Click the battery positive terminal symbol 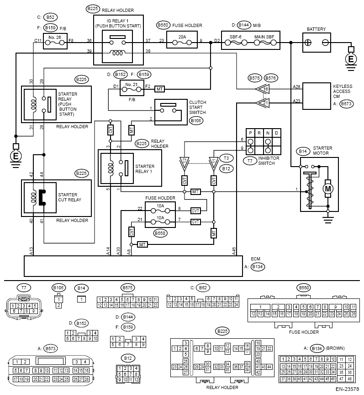coord(308,43)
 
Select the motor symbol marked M coord(328,189)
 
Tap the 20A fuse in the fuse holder coord(182,40)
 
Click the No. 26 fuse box coord(55,41)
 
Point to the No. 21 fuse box coord(132,88)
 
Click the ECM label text coord(255,259)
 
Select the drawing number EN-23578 coord(347,389)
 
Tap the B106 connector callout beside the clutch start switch coord(196,121)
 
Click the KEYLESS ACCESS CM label coord(343,91)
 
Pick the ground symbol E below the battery coord(351,60)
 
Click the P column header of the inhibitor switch coord(250,133)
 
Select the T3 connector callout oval coord(226,158)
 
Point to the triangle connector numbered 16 coord(263,89)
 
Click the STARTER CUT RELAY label coord(69,197)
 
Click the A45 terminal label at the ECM coord(234,251)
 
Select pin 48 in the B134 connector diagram coord(350,379)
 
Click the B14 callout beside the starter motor coord(303,151)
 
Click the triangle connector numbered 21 coord(263,103)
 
